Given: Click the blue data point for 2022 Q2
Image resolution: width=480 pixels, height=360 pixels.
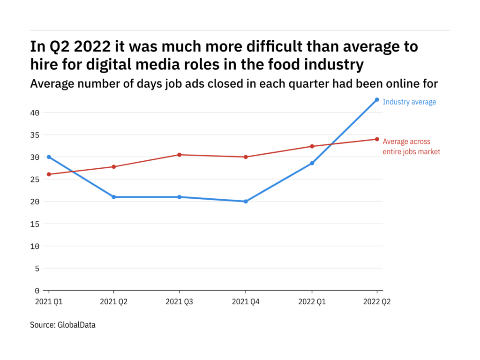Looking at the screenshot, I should [x=377, y=99].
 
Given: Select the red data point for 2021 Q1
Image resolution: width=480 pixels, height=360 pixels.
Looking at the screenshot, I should [x=49, y=174].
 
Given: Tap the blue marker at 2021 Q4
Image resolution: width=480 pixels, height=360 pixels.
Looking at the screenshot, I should [x=246, y=202].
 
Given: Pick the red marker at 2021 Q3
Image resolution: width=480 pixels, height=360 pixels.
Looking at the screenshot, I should [x=180, y=155].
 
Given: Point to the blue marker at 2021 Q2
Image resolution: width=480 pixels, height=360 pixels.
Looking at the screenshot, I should [x=114, y=197].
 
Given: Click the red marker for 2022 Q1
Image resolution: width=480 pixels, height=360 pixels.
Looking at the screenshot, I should [x=312, y=146].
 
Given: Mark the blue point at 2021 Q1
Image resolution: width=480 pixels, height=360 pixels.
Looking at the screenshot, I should [x=49, y=157].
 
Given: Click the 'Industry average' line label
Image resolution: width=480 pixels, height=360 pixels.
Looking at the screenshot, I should [x=409, y=102].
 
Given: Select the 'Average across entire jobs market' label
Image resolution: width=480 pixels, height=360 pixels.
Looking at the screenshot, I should [x=411, y=147].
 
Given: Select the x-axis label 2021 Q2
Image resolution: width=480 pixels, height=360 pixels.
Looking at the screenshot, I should [x=114, y=302].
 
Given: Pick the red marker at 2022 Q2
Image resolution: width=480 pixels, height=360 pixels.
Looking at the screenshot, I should [x=377, y=139].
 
